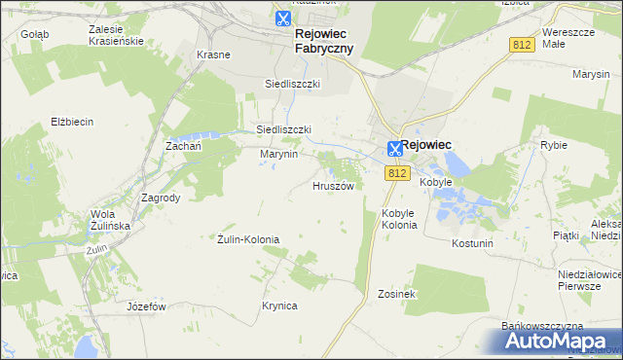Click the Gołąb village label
pos(34,33)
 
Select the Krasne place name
pos(213,54)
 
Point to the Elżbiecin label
pos(72,122)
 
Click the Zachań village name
pos(183,145)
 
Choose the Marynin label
pos(278,154)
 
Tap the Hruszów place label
pos(332,185)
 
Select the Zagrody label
pos(161,197)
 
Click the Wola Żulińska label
pos(110,220)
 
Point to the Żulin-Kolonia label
pos(248,239)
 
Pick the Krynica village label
pos(279,306)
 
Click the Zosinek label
pos(397,294)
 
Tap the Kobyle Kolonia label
pos(399,219)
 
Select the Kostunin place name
pos(473,242)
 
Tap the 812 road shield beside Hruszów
pos(395,173)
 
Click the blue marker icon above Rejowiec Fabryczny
pos(282,18)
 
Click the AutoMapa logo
pos(551,341)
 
